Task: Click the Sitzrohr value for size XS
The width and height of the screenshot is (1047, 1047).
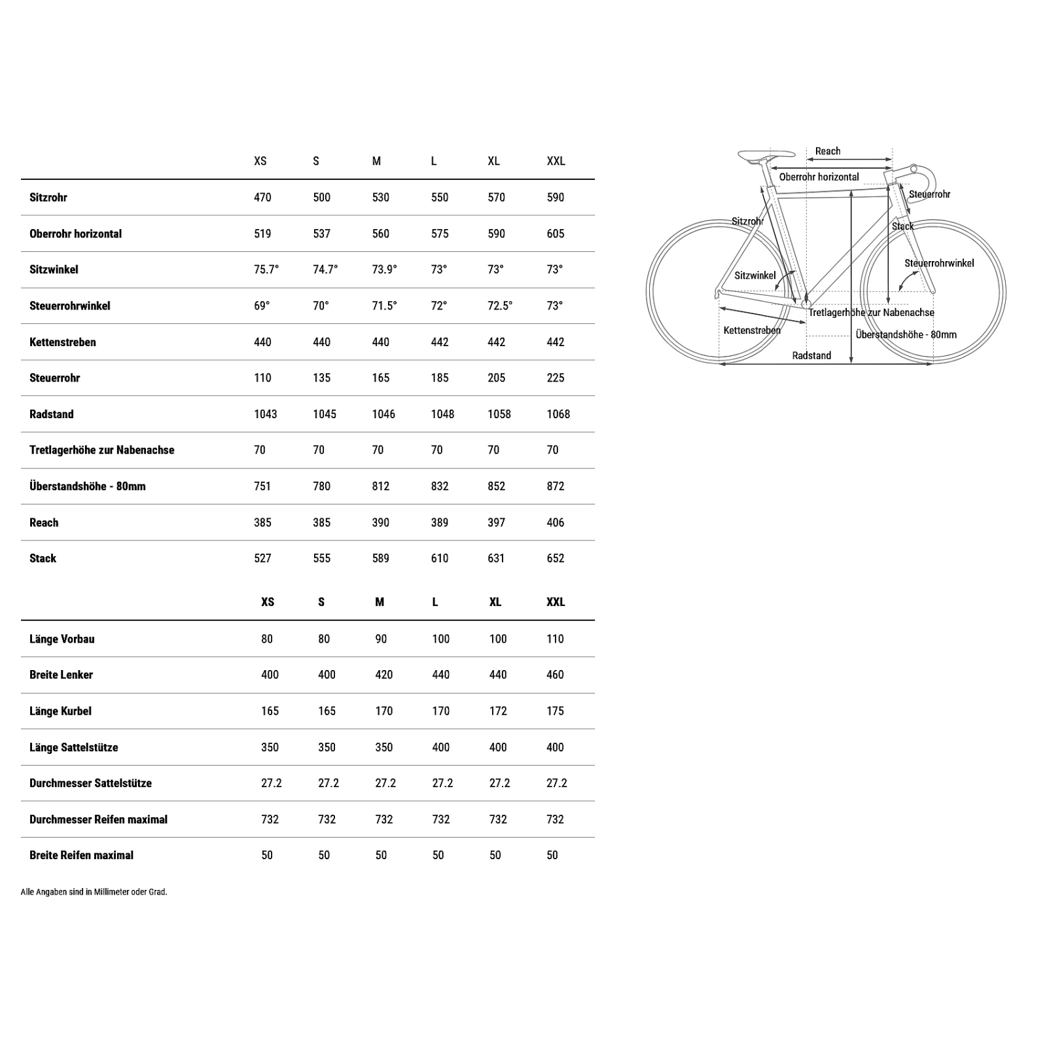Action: click(x=262, y=198)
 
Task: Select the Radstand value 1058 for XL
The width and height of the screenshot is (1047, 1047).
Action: click(x=499, y=414)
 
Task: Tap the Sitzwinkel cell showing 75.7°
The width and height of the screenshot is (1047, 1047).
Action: click(x=266, y=270)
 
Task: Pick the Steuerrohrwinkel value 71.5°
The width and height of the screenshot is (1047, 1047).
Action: click(x=384, y=306)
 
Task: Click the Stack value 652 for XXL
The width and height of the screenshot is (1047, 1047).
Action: click(x=556, y=558)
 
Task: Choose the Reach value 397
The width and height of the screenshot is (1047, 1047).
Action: click(x=497, y=522)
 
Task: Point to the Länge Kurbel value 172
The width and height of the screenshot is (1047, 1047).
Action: click(x=498, y=711)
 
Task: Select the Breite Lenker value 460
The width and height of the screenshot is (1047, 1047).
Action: click(x=555, y=675)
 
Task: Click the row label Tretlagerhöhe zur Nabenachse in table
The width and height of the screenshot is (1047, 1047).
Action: click(x=101, y=450)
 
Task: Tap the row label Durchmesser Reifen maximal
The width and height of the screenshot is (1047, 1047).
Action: click(x=98, y=819)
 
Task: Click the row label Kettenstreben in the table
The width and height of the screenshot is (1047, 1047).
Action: click(x=63, y=342)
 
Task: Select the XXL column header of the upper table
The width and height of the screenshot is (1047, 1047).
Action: click(x=556, y=161)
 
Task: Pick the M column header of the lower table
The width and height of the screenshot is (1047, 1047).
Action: click(x=380, y=602)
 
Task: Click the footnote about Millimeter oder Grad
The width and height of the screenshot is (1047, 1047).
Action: click(x=94, y=892)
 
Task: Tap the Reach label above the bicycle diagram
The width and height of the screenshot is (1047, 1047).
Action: click(x=828, y=151)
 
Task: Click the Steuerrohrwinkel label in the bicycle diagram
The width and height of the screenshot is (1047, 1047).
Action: click(x=939, y=263)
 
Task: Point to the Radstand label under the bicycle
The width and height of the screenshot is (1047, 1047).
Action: click(x=811, y=355)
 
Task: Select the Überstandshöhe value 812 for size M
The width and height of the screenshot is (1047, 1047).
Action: click(x=381, y=486)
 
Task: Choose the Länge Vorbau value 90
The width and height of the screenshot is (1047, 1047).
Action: click(x=381, y=639)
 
